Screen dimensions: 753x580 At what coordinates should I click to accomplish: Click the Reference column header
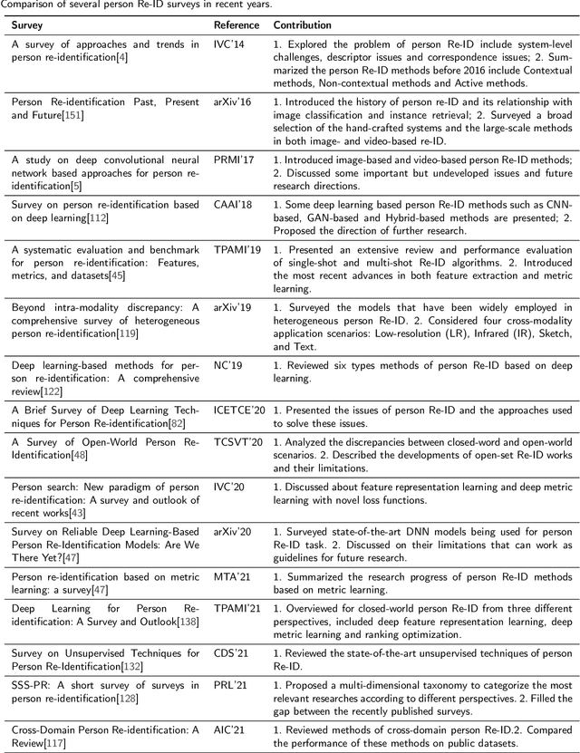pos(236,25)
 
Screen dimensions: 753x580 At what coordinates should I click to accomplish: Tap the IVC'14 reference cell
pos(228,44)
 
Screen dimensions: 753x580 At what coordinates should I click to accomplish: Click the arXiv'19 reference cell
pos(232,308)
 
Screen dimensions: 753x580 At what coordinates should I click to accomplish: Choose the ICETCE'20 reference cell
pos(239,410)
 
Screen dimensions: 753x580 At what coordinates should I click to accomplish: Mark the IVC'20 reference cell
pos(228,487)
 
